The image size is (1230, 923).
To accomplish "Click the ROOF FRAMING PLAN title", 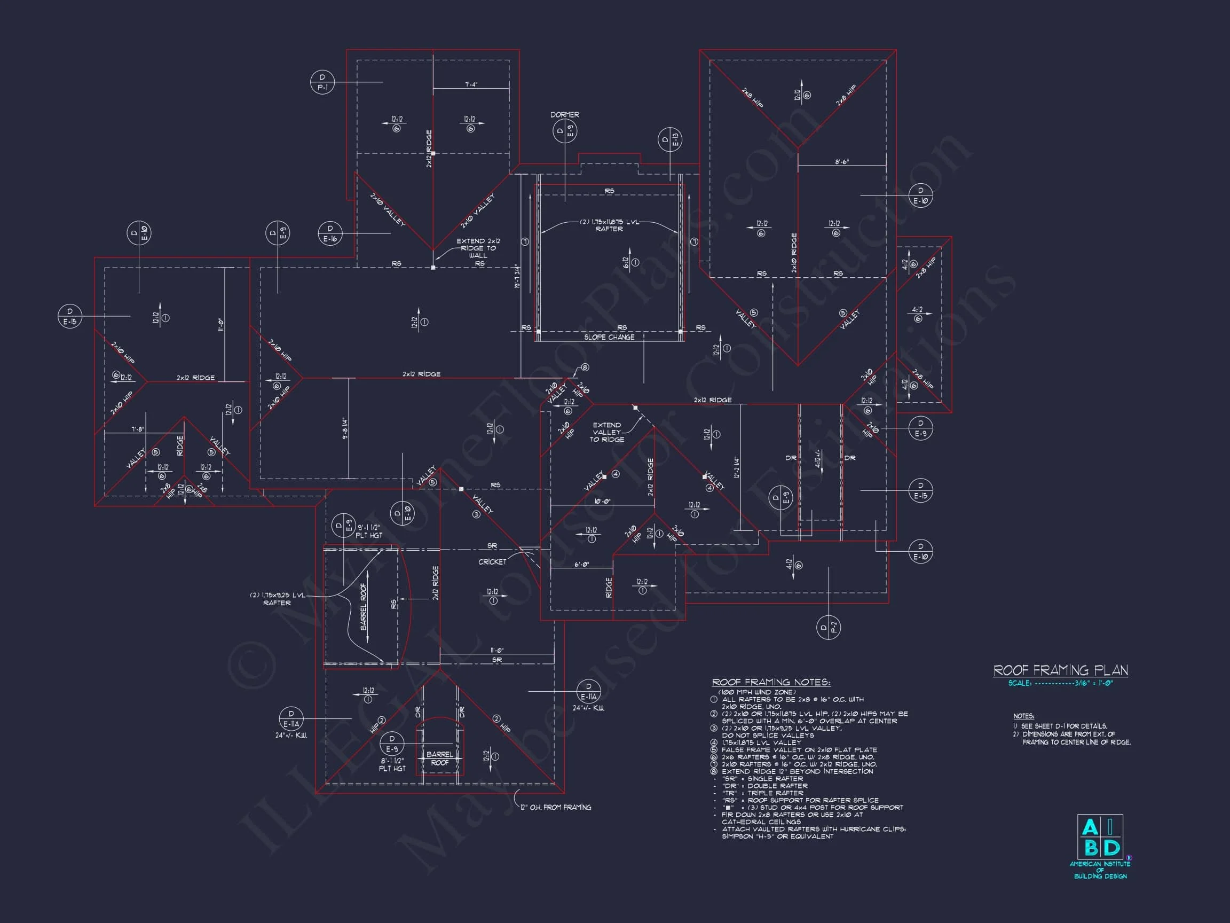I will (x=1060, y=670).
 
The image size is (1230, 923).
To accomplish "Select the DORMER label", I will (x=564, y=115).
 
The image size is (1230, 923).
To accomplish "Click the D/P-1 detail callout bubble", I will (x=322, y=82).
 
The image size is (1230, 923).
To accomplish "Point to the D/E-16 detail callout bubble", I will (x=330, y=233).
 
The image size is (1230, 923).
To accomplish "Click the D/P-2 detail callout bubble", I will (x=829, y=628).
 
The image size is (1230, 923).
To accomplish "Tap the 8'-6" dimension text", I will (x=842, y=162).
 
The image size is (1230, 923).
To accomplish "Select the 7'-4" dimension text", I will (x=471, y=84).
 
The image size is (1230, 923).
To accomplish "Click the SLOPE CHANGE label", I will (x=609, y=337).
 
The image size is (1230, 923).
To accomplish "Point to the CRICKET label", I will (x=492, y=562).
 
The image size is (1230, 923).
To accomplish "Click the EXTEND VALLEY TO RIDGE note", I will (x=606, y=432).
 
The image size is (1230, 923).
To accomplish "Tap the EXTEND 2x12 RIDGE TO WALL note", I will (x=478, y=248).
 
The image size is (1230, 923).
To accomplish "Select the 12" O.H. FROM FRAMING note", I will (x=556, y=807).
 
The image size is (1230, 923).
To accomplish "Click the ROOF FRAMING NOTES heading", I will (x=771, y=683).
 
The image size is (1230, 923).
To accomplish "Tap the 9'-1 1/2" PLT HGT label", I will (x=369, y=531).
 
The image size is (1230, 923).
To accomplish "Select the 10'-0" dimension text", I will (x=602, y=501).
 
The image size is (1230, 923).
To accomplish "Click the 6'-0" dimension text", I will (x=582, y=565).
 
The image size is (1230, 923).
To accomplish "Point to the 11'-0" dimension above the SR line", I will (x=496, y=651).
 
